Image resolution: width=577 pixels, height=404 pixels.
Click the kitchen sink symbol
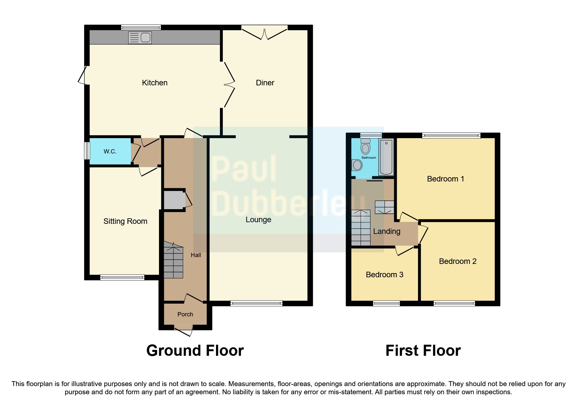click(140, 38)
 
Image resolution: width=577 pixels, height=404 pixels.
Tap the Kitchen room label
click(154, 83)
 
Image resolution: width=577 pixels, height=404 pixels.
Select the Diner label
click(265, 83)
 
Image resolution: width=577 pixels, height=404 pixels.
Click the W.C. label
click(110, 151)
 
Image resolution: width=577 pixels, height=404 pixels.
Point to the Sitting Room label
click(125, 221)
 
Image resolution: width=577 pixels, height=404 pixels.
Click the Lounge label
click(258, 220)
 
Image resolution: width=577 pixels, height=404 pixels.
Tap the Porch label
click(185, 314)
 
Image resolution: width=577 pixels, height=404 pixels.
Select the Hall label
click(196, 255)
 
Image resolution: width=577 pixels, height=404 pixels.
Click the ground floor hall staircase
click(173, 261)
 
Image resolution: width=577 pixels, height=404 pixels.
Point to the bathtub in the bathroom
click(386, 156)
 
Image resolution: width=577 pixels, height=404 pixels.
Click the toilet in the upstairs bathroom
click(366, 147)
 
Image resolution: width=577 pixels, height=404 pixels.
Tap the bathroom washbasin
click(357, 165)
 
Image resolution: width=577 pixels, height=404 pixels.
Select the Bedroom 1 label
click(445, 179)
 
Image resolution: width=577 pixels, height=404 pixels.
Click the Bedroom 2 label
click(457, 261)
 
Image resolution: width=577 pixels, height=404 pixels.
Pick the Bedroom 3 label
click(384, 275)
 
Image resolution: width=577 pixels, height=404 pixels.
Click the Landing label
click(386, 231)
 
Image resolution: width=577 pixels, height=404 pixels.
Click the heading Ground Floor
click(195, 351)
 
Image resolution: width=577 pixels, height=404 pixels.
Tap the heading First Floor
click(423, 351)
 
